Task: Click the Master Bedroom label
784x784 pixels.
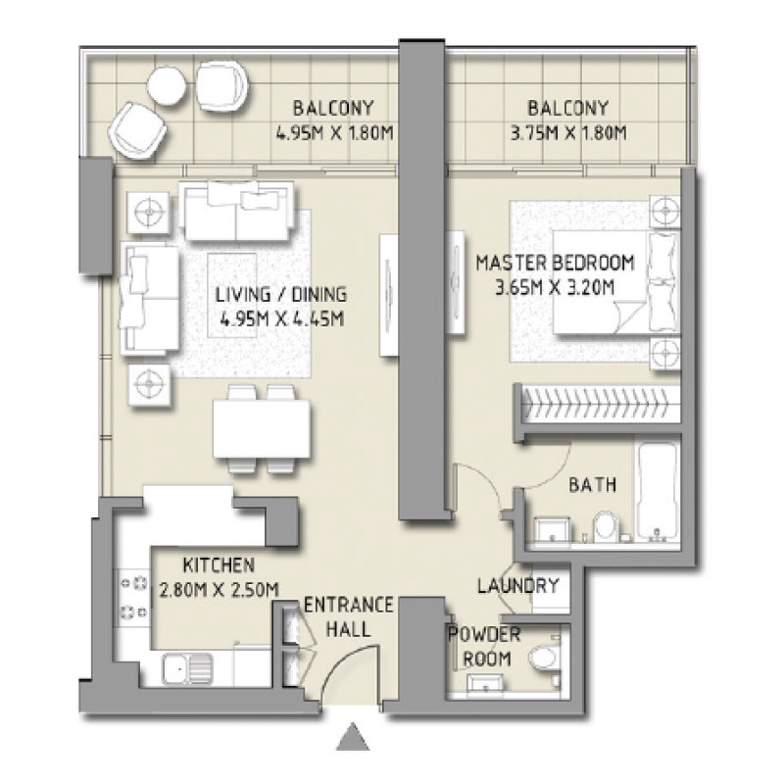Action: coord(555,263)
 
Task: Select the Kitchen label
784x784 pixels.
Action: coord(220,565)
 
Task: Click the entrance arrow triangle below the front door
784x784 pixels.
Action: coord(353,737)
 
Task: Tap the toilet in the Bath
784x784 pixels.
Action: coord(604,526)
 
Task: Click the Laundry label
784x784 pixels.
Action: coord(517,586)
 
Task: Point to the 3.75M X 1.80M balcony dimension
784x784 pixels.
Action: coord(567,132)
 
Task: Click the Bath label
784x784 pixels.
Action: coord(592,484)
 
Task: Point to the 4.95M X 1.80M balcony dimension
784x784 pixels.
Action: coord(333,132)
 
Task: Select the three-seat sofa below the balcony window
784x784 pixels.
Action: coord(236,215)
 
